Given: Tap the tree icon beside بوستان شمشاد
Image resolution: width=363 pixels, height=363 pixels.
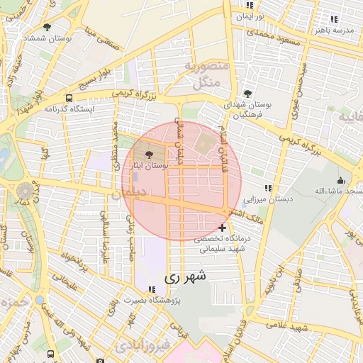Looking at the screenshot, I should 47,28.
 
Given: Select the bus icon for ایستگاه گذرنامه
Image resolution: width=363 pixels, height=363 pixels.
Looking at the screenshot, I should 69,99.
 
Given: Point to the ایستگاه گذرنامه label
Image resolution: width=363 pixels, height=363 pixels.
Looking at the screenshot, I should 69,109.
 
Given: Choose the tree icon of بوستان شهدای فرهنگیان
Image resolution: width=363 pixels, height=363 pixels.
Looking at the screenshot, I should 247,94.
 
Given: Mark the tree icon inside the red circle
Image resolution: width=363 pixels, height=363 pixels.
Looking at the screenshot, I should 149,155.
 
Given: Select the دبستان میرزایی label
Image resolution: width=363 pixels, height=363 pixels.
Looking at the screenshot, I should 266,199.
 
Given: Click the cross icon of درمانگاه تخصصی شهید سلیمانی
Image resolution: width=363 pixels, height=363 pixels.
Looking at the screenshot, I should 223,228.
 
